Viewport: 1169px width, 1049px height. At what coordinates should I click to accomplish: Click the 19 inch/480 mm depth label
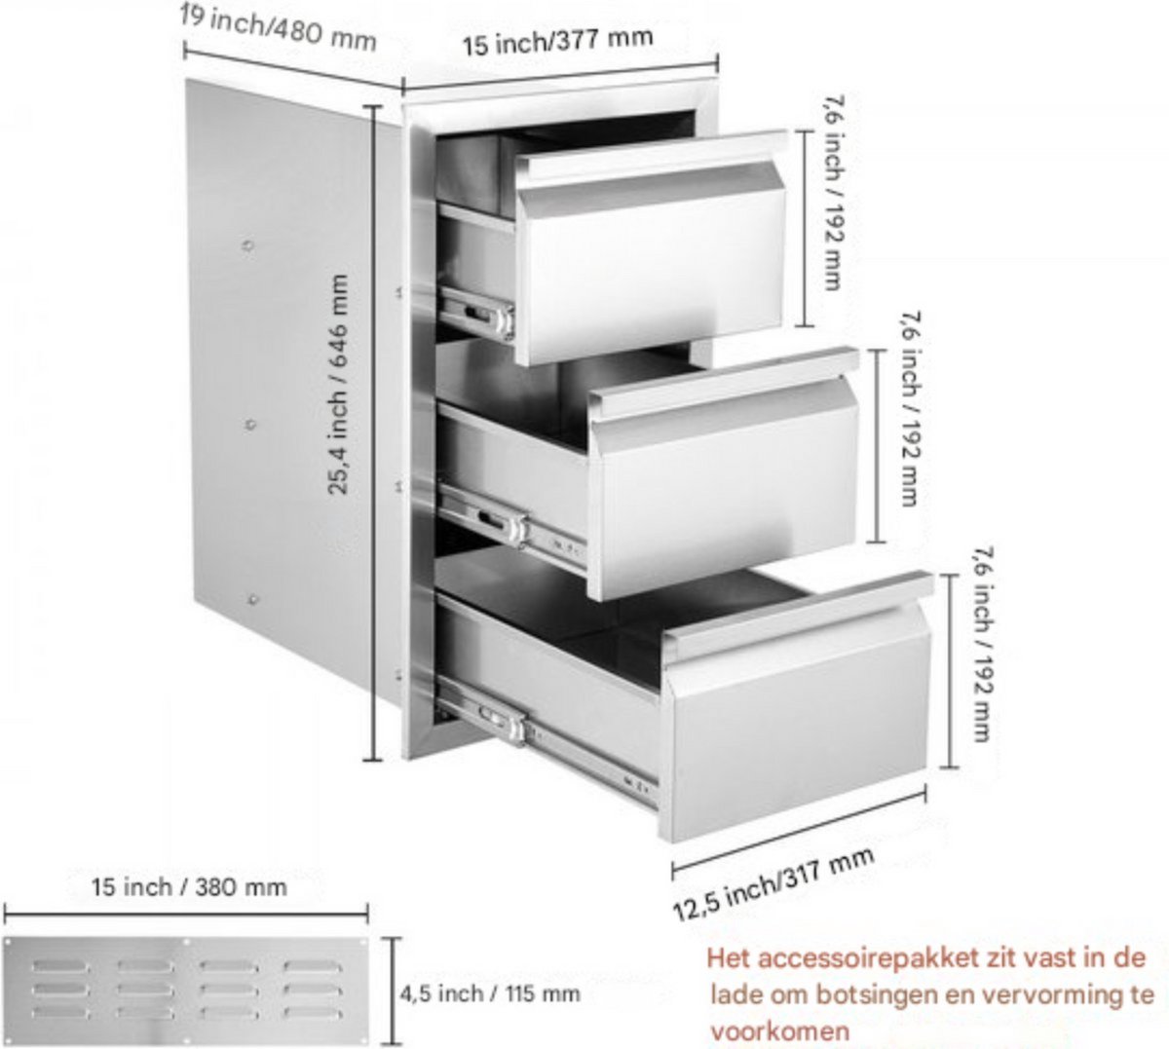click(278, 27)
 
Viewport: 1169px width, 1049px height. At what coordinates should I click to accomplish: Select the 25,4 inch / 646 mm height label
click(338, 385)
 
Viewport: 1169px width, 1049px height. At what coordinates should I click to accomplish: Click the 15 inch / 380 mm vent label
click(189, 887)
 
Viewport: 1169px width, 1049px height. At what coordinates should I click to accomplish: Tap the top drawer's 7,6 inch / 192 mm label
click(833, 193)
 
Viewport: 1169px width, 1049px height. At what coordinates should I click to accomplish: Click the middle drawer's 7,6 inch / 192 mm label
click(910, 409)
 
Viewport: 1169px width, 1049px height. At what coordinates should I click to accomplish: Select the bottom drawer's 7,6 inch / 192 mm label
click(983, 645)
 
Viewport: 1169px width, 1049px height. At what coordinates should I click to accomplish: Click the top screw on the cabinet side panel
click(248, 246)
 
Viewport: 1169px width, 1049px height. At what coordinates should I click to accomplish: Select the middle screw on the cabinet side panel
click(249, 425)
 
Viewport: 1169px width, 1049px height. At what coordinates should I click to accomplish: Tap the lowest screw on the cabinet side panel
click(252, 600)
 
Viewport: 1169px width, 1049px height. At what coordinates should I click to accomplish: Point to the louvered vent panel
click(186, 991)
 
